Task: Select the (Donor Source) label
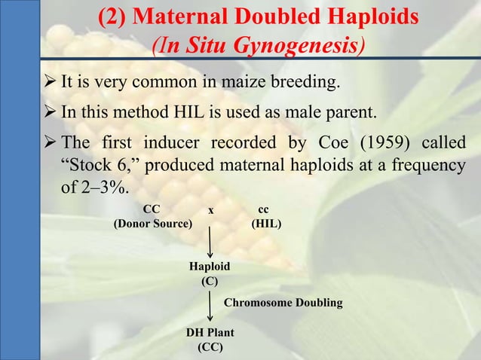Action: (x=152, y=224)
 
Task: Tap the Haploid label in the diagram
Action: (x=209, y=267)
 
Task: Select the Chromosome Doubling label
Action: (x=284, y=303)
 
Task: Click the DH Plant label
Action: (x=209, y=333)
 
